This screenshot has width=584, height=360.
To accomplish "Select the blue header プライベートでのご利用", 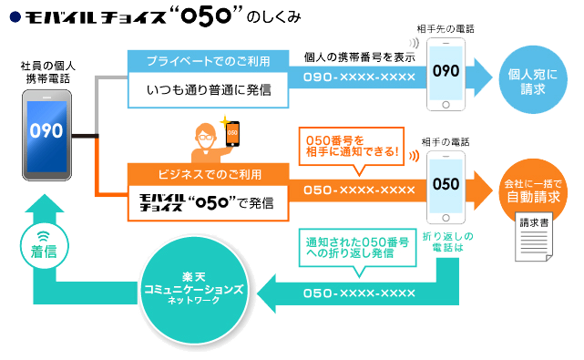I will pyautogui.click(x=208, y=61).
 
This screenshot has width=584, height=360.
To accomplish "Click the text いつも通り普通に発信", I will pyautogui.click(x=208, y=89).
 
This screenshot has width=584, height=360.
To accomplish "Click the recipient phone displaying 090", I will pyautogui.click(x=446, y=71).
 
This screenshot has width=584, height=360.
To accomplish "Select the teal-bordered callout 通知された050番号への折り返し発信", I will pyautogui.click(x=351, y=247).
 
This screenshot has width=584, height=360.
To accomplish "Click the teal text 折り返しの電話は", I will pyautogui.click(x=446, y=242).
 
